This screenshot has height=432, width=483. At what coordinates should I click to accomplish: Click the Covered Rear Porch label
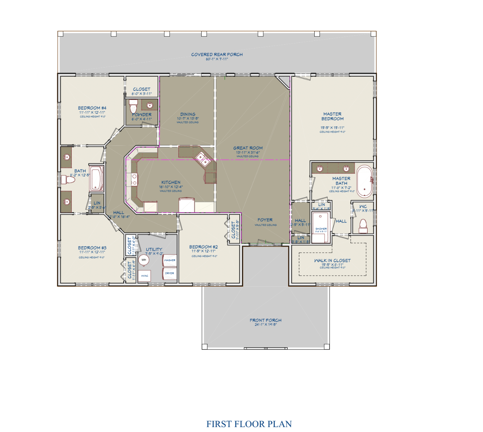point(217,55)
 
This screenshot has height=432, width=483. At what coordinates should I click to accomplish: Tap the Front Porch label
point(265,321)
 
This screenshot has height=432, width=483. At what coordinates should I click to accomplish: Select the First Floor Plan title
point(249,424)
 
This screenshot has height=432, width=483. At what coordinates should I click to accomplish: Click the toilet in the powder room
point(133,106)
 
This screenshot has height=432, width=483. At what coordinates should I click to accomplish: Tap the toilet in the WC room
point(363,226)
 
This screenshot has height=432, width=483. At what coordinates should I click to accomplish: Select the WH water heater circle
point(144,260)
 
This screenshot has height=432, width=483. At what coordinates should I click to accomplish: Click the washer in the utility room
point(170,260)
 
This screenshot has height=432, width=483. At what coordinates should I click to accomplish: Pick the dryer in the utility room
point(170,273)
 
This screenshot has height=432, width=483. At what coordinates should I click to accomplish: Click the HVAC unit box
point(144,276)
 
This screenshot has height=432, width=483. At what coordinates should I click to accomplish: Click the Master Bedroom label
point(332,116)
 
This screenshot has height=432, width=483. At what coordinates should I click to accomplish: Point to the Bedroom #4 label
point(92,108)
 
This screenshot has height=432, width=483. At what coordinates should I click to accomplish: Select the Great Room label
point(248,148)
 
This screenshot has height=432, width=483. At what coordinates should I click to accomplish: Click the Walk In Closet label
point(332,261)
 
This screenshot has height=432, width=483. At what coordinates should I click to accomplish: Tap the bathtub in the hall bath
point(96,179)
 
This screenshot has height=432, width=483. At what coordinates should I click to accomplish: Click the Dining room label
point(187,114)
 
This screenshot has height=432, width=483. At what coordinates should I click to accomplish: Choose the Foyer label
point(265,220)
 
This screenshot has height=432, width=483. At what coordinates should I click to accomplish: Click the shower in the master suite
point(320,227)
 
